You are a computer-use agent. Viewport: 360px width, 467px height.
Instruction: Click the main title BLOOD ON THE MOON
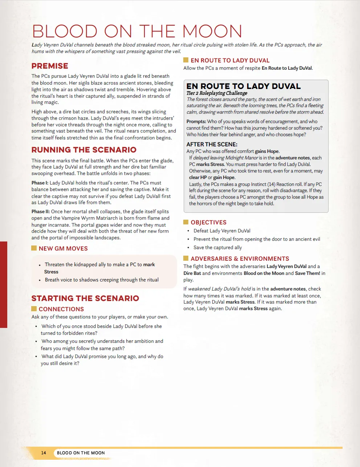(x=137, y=32)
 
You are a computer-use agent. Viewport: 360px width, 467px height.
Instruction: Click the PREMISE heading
(x=50, y=66)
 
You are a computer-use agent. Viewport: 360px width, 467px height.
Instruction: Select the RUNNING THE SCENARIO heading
(x=84, y=150)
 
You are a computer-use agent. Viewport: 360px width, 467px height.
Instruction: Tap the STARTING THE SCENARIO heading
(x=85, y=298)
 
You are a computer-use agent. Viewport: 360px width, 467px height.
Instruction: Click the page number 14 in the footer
(x=44, y=453)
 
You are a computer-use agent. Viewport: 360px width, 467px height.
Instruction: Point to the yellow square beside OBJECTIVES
(x=186, y=222)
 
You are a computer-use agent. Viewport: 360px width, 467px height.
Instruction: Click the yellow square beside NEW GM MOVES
(x=34, y=248)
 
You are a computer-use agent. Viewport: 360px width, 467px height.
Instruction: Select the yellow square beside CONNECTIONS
(x=34, y=309)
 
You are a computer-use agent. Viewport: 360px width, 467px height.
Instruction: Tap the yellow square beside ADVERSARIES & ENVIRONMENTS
(x=186, y=258)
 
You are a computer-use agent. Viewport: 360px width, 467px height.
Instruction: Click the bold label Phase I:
(x=40, y=183)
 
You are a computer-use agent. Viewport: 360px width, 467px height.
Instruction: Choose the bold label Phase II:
(x=41, y=211)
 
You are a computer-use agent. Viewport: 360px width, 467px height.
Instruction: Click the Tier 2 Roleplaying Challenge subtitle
(x=217, y=93)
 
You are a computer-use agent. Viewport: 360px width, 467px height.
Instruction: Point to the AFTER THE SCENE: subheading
(x=212, y=144)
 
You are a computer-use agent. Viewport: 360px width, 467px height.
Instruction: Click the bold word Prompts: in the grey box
(x=196, y=121)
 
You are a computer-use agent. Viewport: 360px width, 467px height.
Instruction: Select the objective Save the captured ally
(x=217, y=247)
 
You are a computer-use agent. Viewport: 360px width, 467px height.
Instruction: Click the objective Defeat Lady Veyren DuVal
(x=222, y=231)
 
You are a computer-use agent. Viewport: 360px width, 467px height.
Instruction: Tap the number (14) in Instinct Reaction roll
(x=271, y=184)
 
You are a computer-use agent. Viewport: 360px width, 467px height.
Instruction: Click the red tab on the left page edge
(x=4, y=284)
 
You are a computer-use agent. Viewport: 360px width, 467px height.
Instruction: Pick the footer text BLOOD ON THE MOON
(x=81, y=453)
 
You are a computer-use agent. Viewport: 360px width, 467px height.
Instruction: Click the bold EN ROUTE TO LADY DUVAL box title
(x=243, y=86)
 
